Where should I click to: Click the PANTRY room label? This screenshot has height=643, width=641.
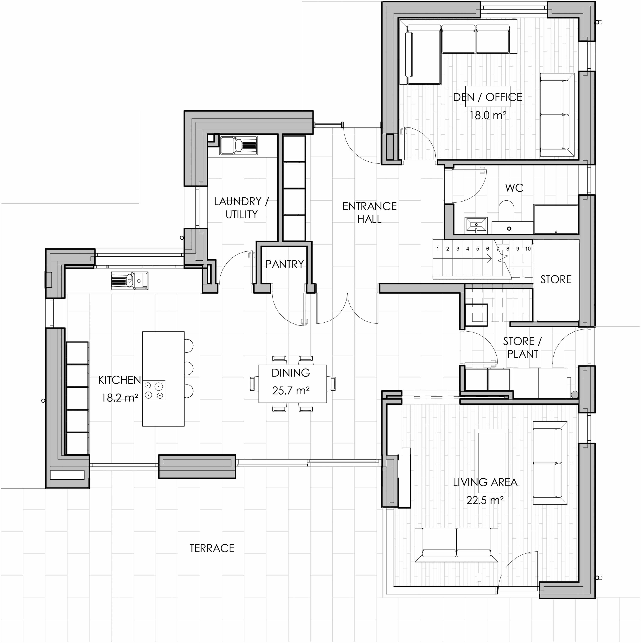click(284, 264)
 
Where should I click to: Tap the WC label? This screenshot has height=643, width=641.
click(514, 188)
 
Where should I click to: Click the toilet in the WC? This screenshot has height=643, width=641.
click(506, 216)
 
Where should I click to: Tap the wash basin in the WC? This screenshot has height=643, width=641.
click(476, 225)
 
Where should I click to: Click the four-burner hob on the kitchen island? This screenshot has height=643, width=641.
click(154, 390)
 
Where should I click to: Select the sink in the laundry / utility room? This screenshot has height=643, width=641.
click(238, 146)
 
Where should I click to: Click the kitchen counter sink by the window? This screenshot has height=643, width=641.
click(130, 281)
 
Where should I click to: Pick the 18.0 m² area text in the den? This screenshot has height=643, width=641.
click(488, 116)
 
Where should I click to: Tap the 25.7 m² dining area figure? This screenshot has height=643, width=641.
click(291, 390)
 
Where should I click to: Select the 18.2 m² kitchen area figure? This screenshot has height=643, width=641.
click(120, 398)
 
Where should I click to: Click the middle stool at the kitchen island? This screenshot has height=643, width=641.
click(189, 368)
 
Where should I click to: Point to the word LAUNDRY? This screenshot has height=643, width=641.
click(238, 201)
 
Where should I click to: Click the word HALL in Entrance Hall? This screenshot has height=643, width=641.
click(369, 219)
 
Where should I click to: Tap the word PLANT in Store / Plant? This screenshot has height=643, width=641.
click(523, 354)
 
